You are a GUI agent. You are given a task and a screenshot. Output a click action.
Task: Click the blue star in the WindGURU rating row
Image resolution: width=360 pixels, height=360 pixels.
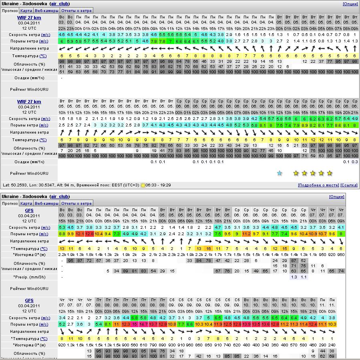pos(280,173)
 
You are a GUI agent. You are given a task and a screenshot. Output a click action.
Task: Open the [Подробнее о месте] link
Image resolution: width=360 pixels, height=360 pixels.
pos(318,185)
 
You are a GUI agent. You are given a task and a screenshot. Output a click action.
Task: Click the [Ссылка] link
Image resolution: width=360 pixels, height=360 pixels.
pos(349,185)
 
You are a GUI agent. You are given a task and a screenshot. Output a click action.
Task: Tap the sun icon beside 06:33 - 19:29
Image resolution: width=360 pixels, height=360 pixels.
pos(143,185)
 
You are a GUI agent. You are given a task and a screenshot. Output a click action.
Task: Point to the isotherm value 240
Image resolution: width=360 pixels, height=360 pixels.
pos(332,345)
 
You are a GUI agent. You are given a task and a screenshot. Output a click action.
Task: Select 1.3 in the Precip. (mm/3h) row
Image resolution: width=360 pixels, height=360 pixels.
pos(294,277)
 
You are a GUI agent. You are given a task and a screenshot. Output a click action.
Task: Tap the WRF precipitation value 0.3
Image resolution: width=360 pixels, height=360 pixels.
pos(355,162)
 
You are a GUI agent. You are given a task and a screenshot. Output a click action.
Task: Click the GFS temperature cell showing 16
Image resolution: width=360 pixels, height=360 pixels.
pos(208,248)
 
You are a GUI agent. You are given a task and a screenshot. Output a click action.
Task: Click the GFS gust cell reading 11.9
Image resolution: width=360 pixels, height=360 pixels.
pos(218,324)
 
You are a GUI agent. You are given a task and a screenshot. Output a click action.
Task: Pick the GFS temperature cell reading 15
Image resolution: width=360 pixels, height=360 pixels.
pos(284,248)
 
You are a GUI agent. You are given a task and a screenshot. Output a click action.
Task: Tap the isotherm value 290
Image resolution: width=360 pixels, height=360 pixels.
pos(322,345)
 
